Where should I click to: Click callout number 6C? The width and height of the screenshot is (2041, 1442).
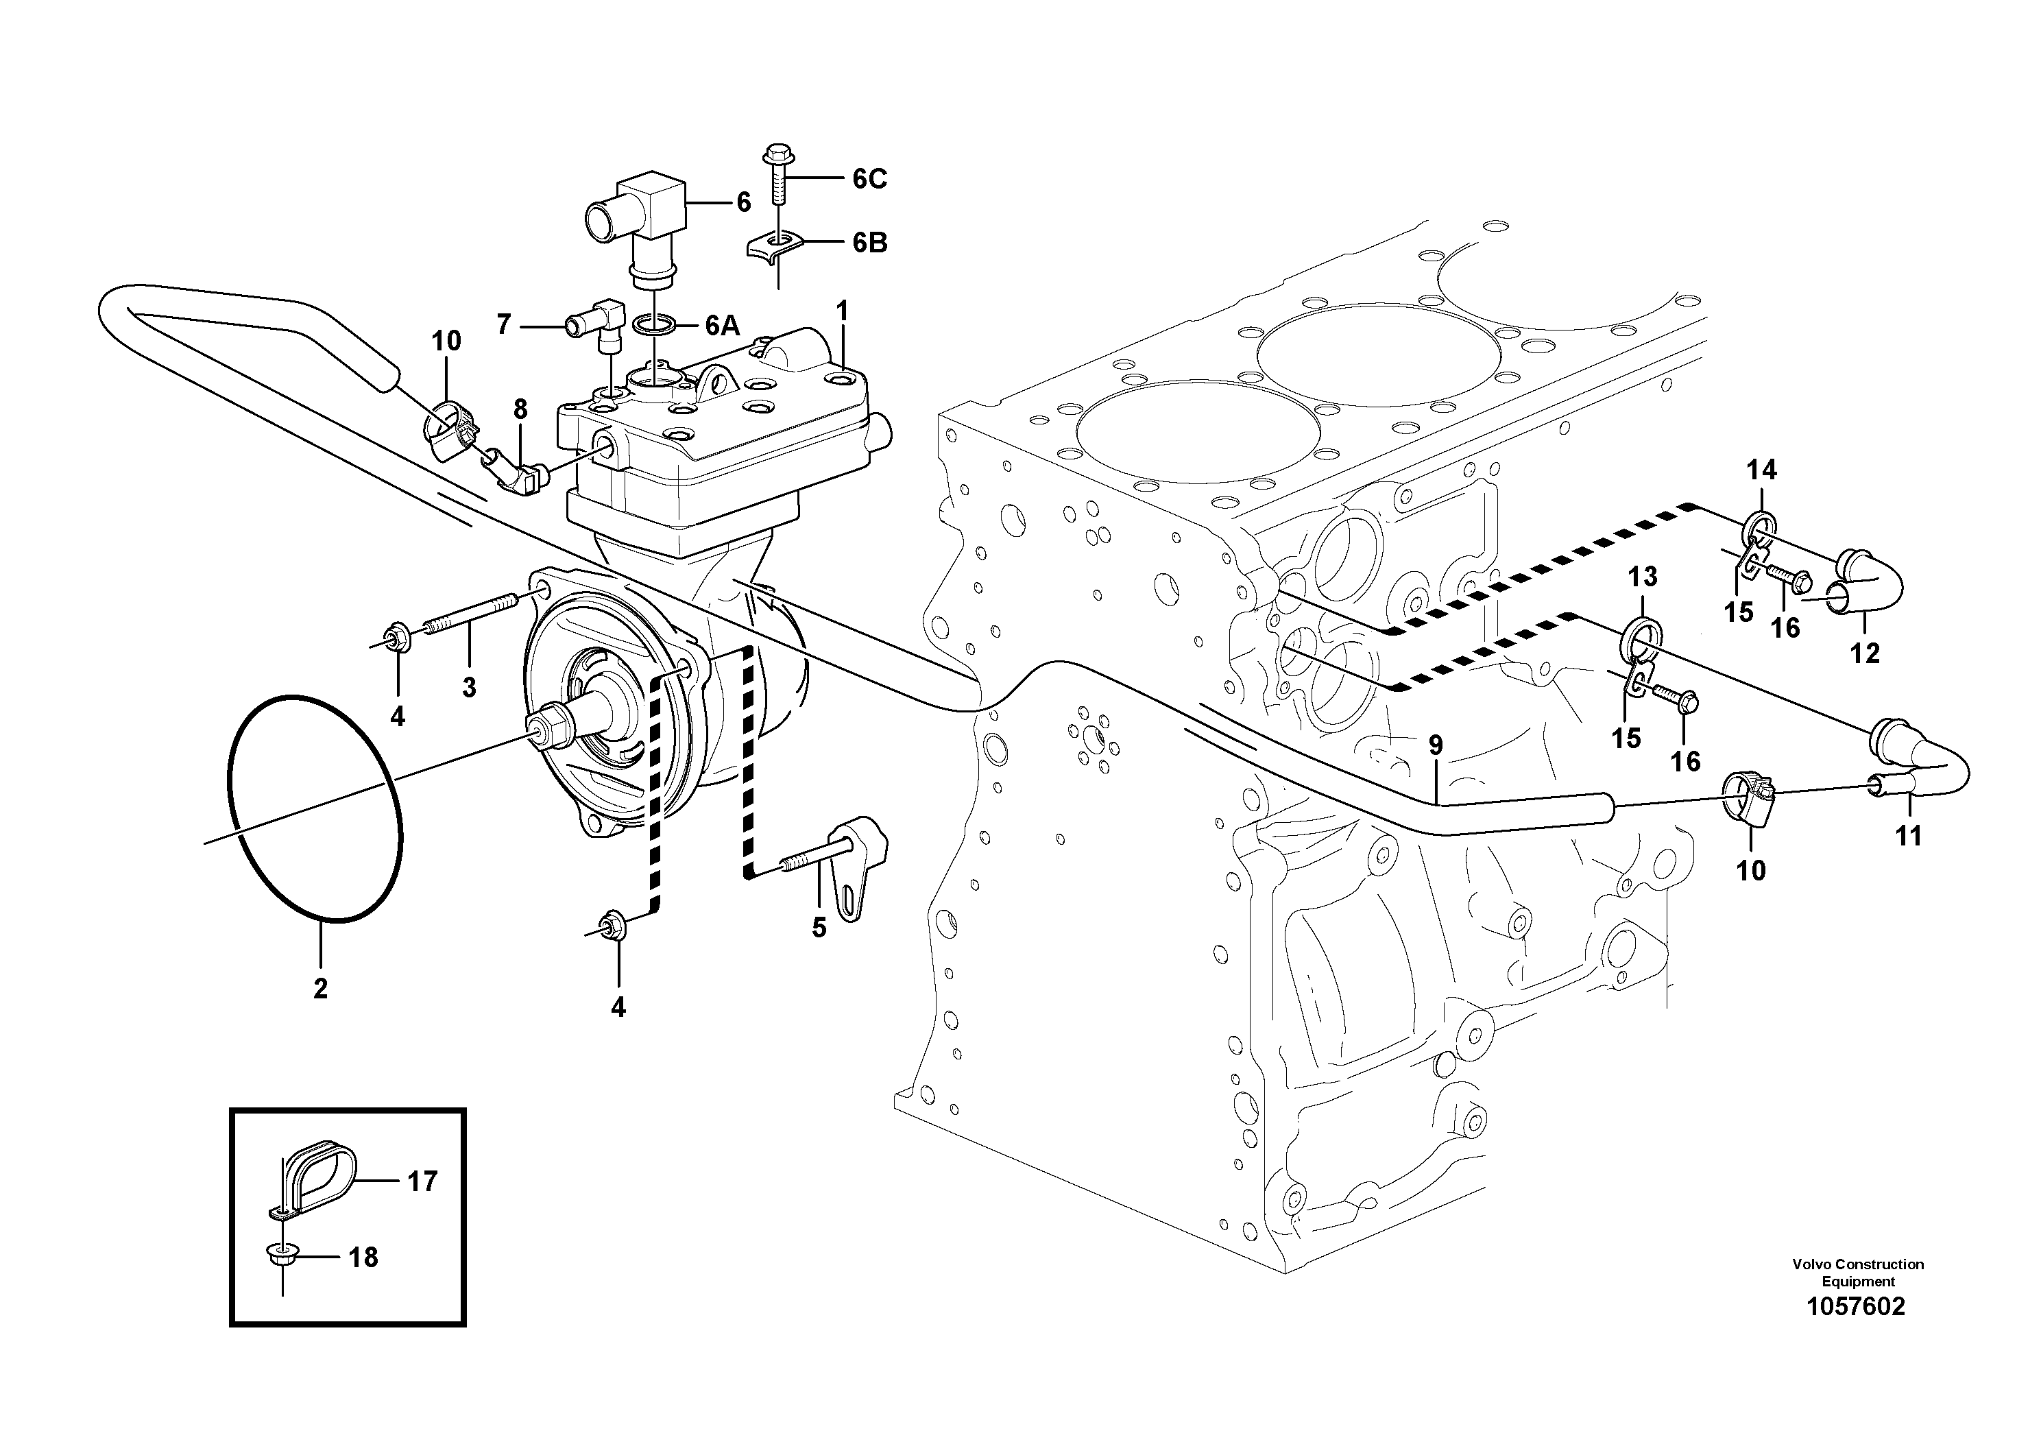(869, 179)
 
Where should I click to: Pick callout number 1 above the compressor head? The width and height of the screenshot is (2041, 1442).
(842, 311)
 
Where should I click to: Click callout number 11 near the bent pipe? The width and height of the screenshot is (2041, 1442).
(1908, 836)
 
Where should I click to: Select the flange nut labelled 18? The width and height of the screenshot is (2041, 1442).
(282, 1256)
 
